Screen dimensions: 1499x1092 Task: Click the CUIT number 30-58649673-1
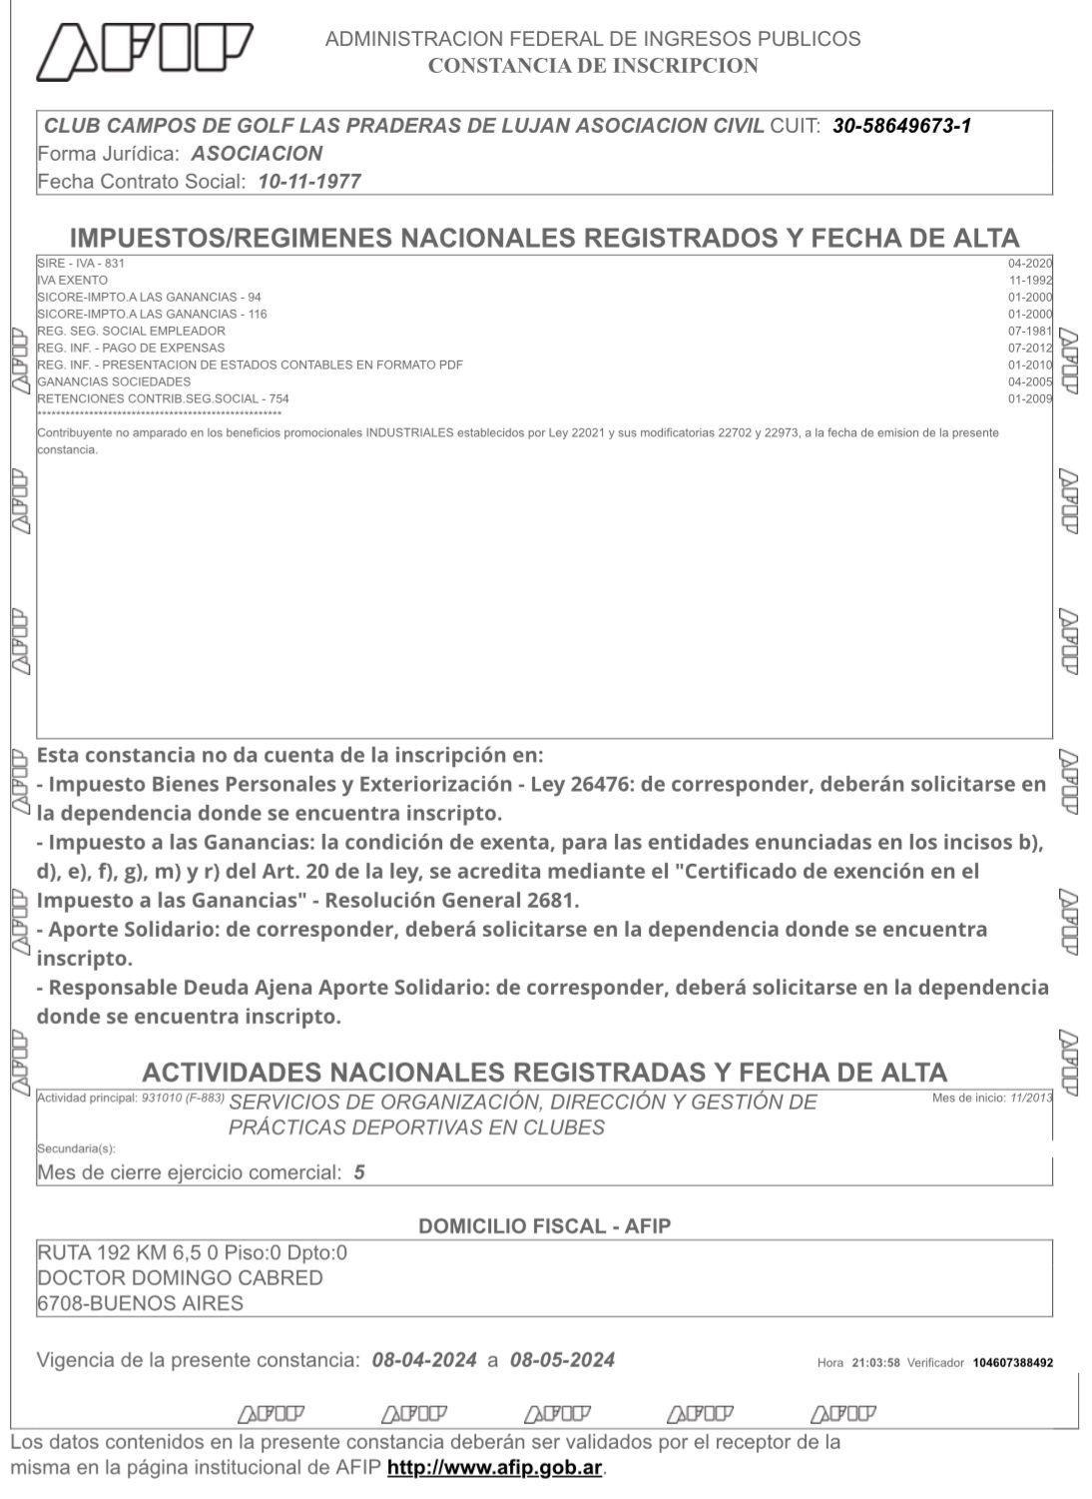pyautogui.click(x=901, y=126)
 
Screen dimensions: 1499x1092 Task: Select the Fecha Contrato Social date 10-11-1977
pyautogui.click(x=309, y=182)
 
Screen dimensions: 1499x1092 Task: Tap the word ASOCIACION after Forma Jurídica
pyautogui.click(x=257, y=154)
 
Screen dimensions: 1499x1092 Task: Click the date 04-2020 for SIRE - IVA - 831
pyautogui.click(x=1030, y=263)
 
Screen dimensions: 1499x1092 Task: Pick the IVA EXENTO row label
pyautogui.click(x=72, y=281)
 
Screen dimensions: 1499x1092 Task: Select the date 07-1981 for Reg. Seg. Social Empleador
pyautogui.click(x=1030, y=331)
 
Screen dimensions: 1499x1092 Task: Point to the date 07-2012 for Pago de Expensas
pyautogui.click(x=1030, y=348)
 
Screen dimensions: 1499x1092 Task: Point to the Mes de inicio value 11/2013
pyautogui.click(x=1031, y=1099)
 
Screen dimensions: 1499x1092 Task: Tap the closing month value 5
pyautogui.click(x=359, y=1172)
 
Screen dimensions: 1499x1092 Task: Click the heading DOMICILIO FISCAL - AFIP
pyautogui.click(x=544, y=1226)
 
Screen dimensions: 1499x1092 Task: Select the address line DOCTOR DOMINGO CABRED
pyautogui.click(x=180, y=1278)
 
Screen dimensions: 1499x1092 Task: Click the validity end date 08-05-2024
pyautogui.click(x=562, y=1360)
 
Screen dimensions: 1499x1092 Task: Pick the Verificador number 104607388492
pyautogui.click(x=1012, y=1363)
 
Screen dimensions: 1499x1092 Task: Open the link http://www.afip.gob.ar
pyautogui.click(x=494, y=1469)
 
